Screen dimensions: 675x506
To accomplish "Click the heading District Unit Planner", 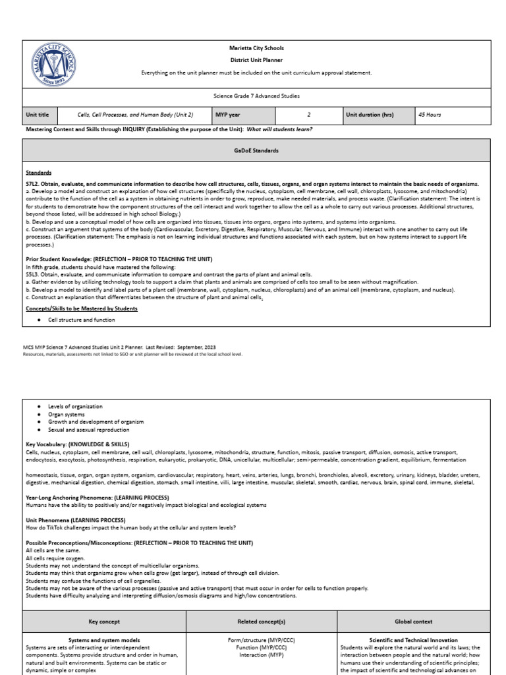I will coord(256,60).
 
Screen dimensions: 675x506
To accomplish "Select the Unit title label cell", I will coord(38,114).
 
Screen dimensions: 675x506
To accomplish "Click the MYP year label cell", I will coord(227,114).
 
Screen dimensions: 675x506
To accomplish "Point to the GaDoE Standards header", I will coord(256,150).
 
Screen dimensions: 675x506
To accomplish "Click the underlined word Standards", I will coord(39,172).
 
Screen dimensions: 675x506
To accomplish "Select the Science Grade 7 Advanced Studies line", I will coord(256,96).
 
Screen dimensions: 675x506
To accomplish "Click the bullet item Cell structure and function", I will coord(81,320).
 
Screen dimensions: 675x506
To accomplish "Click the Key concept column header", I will coord(104,622).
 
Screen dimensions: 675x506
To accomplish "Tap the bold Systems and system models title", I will coord(104,640).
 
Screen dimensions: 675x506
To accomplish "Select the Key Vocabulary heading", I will coord(77,444).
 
